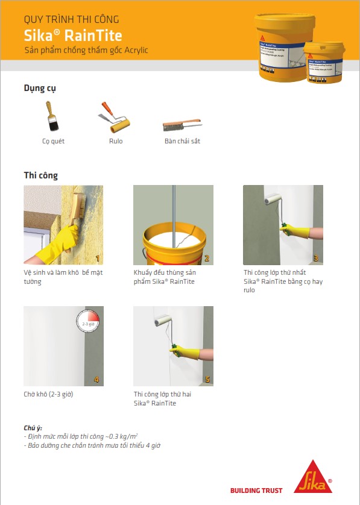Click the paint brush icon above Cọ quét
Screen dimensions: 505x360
(52, 117)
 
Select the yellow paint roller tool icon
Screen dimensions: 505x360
(115, 118)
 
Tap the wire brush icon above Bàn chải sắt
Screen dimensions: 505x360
(182, 125)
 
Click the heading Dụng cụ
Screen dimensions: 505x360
(40, 89)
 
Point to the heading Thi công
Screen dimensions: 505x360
(41, 175)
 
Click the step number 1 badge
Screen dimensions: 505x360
(98, 259)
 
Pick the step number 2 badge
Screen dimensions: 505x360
(207, 259)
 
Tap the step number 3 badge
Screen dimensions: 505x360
(316, 259)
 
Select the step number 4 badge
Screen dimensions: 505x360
(98, 380)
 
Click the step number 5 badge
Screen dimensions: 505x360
(207, 380)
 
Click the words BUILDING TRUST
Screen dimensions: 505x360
(256, 491)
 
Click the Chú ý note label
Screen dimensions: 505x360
(33, 428)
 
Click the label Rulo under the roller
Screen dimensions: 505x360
(116, 141)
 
